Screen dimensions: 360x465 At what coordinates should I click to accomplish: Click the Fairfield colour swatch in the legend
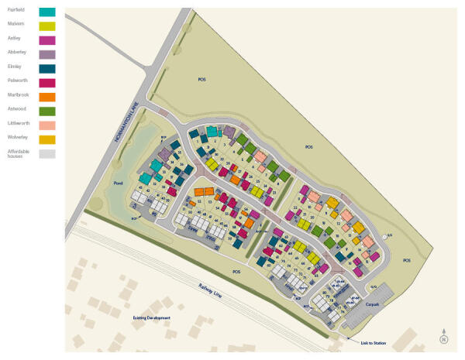[46, 12]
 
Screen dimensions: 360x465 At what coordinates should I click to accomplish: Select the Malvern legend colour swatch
[46, 26]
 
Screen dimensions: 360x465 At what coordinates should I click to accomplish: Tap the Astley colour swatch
[46, 40]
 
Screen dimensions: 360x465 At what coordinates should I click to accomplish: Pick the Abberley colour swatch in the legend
[46, 54]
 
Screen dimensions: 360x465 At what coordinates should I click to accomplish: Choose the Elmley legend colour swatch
[46, 68]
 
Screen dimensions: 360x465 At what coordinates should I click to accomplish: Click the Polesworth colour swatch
[46, 82]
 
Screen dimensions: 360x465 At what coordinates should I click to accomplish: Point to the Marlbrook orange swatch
[46, 97]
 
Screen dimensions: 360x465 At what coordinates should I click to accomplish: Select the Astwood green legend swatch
[46, 111]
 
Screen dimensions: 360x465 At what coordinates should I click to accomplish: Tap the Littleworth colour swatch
[46, 125]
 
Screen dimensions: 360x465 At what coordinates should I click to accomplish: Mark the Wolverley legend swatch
[46, 139]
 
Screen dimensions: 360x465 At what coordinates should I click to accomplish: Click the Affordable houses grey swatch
[46, 153]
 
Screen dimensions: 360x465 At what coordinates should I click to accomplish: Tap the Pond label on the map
[118, 183]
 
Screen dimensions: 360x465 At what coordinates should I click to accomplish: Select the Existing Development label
[150, 318]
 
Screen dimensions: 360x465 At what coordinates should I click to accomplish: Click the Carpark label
[374, 306]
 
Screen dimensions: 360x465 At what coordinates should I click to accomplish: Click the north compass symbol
[444, 336]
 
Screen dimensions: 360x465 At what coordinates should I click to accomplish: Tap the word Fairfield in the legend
[15, 9]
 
